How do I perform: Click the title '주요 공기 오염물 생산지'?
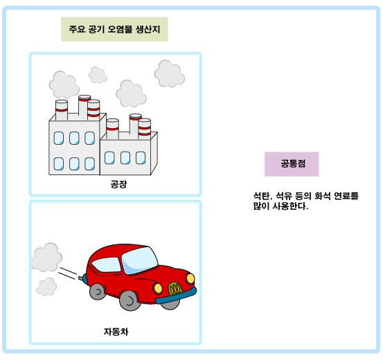(114, 29)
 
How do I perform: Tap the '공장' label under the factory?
(118, 184)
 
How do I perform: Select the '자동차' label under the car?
(116, 332)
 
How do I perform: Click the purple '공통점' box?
(292, 164)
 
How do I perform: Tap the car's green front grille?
(175, 289)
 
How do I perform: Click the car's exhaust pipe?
(80, 278)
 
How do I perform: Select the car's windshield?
(139, 260)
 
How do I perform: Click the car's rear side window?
(107, 264)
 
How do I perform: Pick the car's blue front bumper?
(176, 296)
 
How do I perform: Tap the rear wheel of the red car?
(98, 291)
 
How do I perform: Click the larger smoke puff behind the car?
(47, 257)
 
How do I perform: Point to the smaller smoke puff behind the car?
(46, 287)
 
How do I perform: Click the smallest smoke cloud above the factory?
(98, 75)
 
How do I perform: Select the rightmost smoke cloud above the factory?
(170, 73)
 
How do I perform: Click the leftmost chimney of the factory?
(62, 110)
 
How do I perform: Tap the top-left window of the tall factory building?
(59, 138)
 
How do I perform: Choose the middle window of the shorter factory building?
(125, 158)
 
